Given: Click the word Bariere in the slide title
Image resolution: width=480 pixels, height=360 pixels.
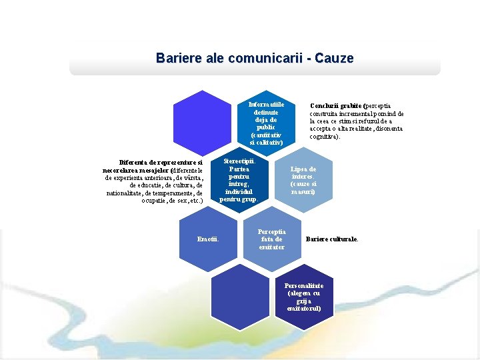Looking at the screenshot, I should pos(176,58).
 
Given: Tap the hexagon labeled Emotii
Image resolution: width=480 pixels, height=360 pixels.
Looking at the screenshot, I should pos(209,239).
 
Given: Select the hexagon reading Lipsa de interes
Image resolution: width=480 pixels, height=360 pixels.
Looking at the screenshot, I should pos(303,180).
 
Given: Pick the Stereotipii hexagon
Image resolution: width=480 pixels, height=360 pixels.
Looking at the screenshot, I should pos(238,180).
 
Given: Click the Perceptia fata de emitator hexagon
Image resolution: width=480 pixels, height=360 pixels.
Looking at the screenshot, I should pos(271,239).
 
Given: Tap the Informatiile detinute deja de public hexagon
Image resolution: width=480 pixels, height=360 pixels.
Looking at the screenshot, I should pos(267,123).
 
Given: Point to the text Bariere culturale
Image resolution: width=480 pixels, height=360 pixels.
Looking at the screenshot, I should pos(331,239).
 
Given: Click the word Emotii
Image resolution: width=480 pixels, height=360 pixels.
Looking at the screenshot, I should pos(209,239).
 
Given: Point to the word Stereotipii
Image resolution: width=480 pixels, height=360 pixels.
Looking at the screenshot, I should pos(238,161).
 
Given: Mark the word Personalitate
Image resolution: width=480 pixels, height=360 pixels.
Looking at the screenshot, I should pos(304,285).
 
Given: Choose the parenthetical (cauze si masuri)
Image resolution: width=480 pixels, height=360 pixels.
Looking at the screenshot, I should pos(303,187).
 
